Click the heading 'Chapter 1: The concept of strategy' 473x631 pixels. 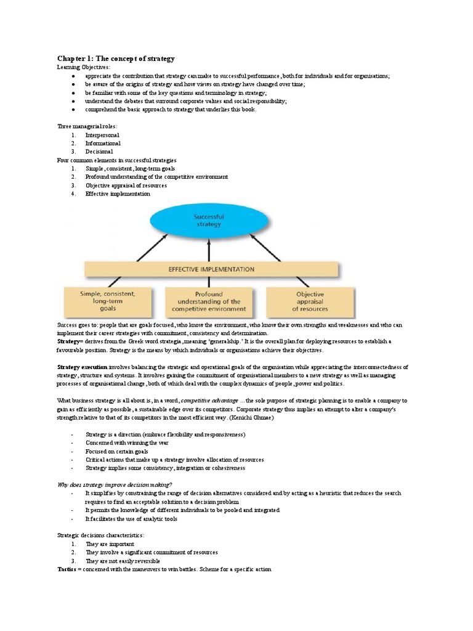(116, 59)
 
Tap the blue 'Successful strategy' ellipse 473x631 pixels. (209, 221)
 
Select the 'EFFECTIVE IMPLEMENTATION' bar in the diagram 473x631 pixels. (211, 269)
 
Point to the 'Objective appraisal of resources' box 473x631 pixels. (310, 301)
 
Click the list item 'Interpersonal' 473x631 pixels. (102, 135)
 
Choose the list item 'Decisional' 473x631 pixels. (99, 151)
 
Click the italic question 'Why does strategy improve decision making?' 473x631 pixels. (115, 484)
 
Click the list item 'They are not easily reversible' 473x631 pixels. (123, 561)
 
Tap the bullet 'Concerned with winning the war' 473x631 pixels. (127, 442)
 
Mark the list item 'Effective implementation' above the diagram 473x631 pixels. (118, 193)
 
